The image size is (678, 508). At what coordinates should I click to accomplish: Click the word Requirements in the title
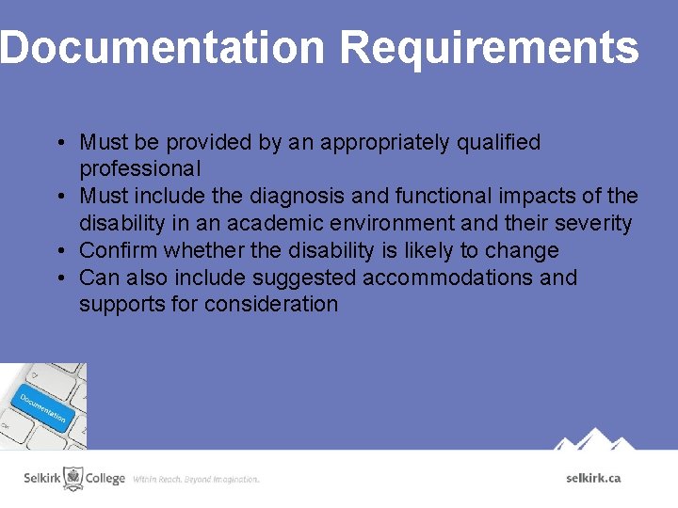click(x=489, y=47)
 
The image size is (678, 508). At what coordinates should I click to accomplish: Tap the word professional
click(x=140, y=169)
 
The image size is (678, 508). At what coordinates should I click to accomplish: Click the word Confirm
click(x=119, y=251)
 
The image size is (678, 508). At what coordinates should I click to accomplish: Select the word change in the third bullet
click(x=526, y=251)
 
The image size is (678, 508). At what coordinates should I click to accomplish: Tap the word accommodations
click(x=461, y=278)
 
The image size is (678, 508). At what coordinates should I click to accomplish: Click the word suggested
click(x=312, y=278)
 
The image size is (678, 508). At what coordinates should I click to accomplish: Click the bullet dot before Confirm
click(x=59, y=251)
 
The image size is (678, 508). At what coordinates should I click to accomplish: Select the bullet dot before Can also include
click(x=59, y=278)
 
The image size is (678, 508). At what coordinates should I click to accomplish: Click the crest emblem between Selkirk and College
click(x=73, y=478)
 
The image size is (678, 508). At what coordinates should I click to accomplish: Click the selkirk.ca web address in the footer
click(x=593, y=478)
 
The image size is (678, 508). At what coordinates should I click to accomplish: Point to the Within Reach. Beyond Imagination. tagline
click(x=196, y=480)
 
